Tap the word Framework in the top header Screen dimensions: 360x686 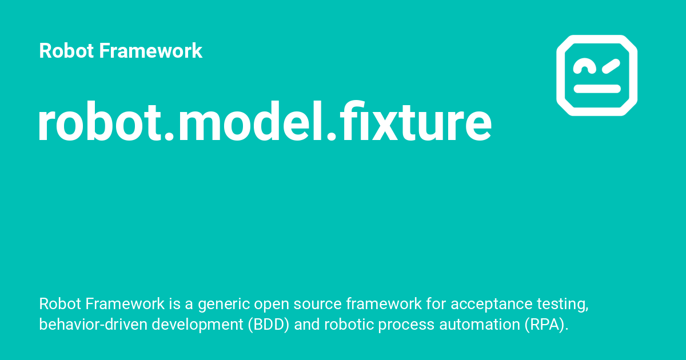tap(150, 51)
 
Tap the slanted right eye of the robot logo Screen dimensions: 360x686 tap(609, 66)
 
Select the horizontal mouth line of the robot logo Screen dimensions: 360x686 tap(597, 89)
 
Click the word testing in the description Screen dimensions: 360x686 tap(565, 304)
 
